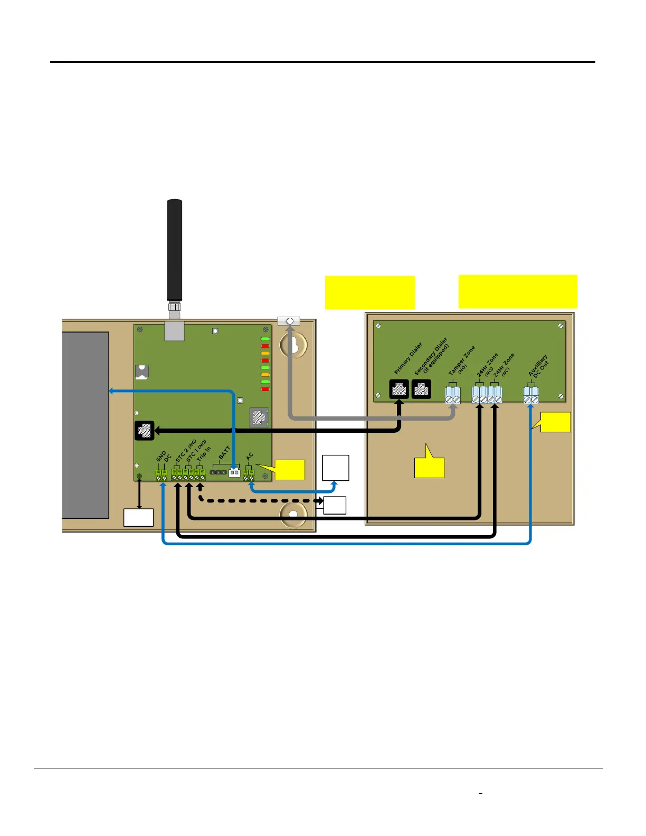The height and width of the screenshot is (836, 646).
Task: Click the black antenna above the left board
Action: (175, 251)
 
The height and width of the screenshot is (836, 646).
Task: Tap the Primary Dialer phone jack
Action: (399, 389)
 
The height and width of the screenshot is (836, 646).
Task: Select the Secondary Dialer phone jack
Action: (421, 389)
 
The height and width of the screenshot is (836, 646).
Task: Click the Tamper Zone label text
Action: (461, 360)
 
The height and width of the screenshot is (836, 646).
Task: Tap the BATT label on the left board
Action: (225, 453)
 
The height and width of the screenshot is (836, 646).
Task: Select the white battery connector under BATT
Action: (234, 472)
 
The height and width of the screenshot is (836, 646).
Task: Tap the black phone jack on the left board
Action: (144, 430)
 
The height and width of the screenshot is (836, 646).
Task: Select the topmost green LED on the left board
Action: (265, 339)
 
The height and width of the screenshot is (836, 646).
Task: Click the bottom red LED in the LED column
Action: (265, 389)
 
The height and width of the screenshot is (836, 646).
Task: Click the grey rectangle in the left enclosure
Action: (85, 425)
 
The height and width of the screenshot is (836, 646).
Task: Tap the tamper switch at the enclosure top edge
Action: (289, 321)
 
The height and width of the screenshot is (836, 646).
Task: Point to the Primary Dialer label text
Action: (408, 358)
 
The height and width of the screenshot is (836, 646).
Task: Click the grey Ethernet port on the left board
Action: (258, 416)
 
